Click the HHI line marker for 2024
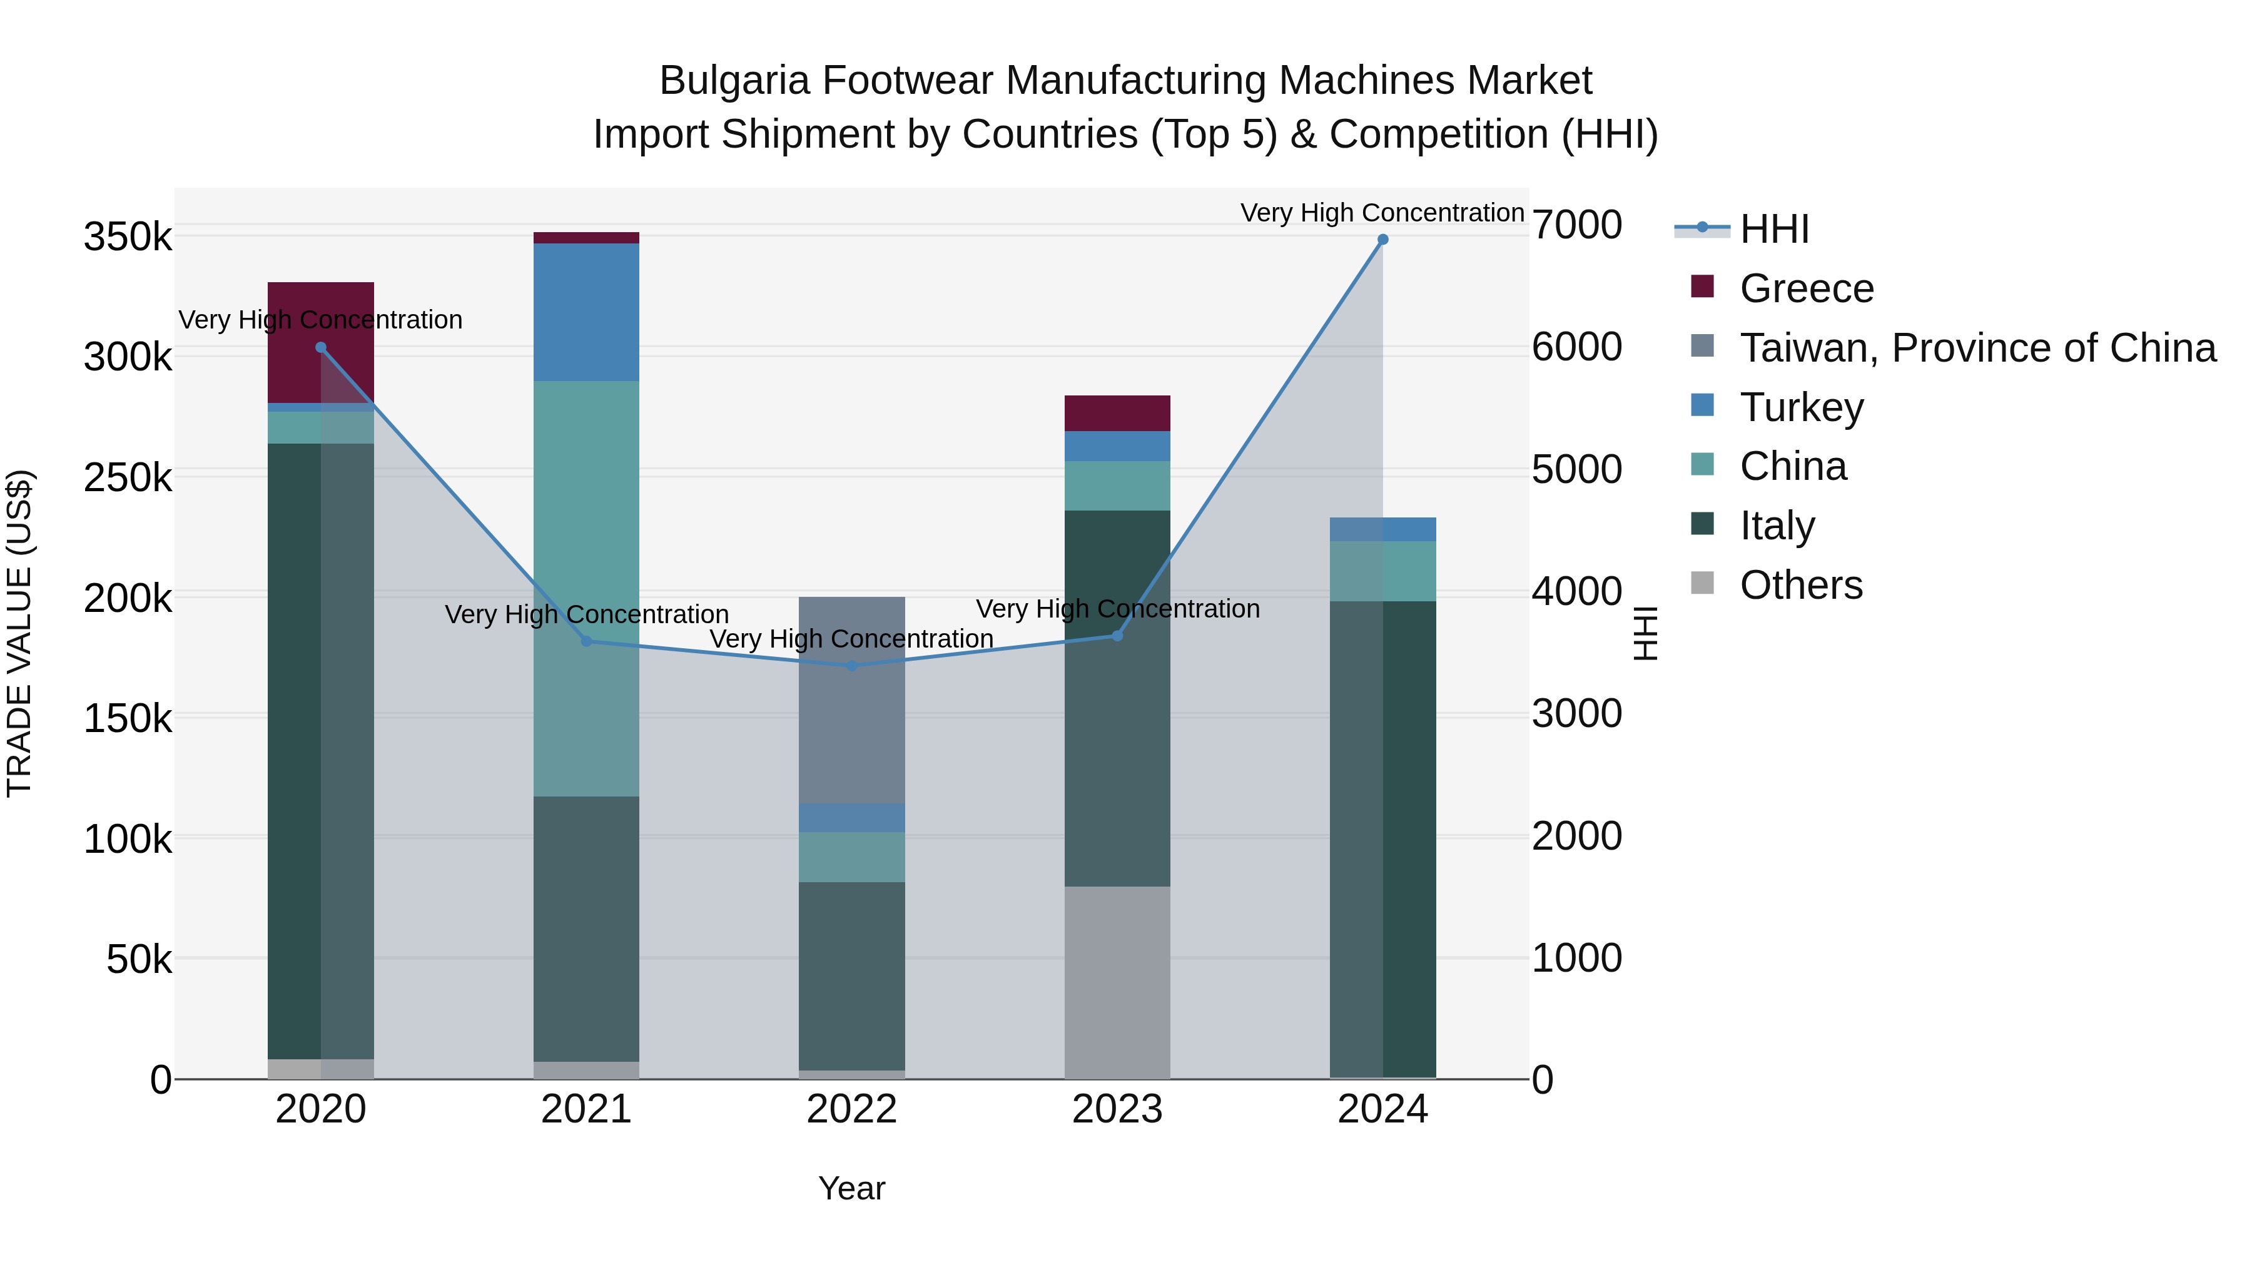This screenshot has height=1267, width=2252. point(1382,240)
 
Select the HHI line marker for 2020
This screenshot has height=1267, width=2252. point(321,347)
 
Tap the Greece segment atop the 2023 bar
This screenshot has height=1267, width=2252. point(1117,413)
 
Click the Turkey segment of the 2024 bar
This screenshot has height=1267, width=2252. point(1382,529)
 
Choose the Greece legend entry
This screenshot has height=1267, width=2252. point(1806,288)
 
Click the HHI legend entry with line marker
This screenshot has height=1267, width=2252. point(1774,229)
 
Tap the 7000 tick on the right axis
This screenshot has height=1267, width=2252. point(1576,225)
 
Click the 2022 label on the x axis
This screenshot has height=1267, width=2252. point(851,1109)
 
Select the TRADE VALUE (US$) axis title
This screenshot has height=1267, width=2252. point(19,633)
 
